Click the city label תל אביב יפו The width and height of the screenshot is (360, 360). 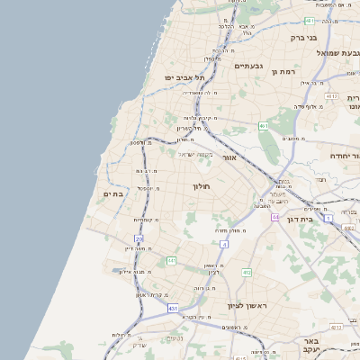tap(182, 77)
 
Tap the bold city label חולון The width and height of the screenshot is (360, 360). tap(200, 186)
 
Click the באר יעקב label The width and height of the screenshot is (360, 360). tap(337, 347)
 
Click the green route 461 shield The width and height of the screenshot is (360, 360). tap(263, 126)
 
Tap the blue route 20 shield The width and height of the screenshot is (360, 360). tap(139, 238)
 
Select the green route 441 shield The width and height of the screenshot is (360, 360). tap(171, 261)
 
